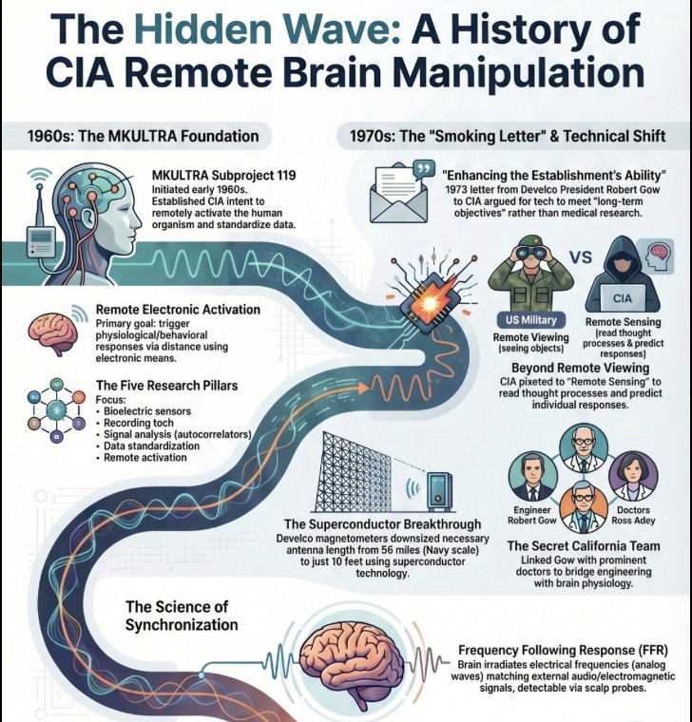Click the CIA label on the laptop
[623, 298]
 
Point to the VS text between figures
[581, 257]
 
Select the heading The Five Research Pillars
[166, 386]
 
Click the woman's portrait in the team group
[631, 475]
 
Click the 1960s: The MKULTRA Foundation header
[144, 136]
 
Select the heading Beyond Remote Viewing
[580, 367]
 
